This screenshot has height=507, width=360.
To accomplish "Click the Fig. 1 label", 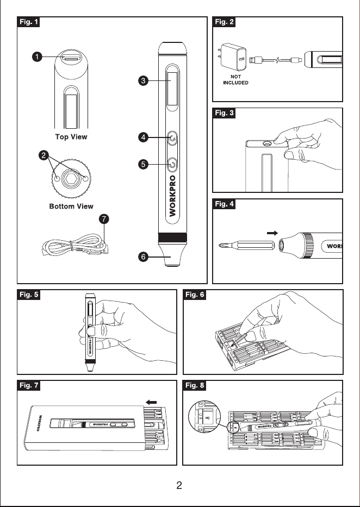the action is click(28, 22).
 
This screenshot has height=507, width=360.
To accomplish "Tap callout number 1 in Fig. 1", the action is click(37, 57).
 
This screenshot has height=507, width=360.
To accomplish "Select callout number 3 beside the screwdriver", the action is click(143, 80).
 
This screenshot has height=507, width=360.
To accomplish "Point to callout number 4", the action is click(143, 137).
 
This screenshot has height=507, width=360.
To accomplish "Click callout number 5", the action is click(143, 164).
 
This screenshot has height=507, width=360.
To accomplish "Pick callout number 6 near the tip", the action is click(143, 257).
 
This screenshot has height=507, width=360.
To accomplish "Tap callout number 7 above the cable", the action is click(104, 219).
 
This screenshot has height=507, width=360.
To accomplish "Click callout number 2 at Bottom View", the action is click(44, 155).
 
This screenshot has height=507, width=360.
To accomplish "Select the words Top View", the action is click(71, 137).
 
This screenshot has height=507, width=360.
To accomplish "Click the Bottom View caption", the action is click(71, 206).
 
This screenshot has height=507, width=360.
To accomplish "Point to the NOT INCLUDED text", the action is click(236, 79).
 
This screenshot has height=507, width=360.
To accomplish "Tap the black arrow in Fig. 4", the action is click(272, 233).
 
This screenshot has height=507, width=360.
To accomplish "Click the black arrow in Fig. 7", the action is click(151, 402).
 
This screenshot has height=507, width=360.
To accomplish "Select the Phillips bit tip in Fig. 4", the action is click(222, 245).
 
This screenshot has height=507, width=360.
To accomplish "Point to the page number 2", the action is click(179, 485).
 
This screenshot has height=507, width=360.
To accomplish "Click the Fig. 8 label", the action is click(195, 385).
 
